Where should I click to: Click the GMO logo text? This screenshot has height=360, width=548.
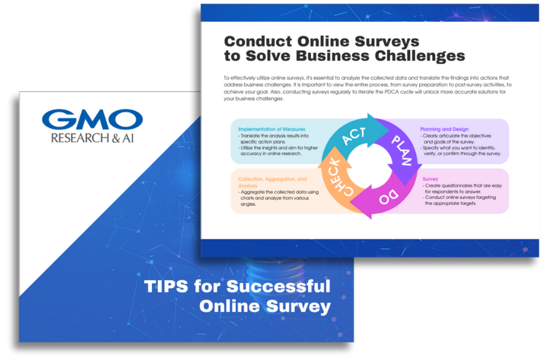click(92, 119)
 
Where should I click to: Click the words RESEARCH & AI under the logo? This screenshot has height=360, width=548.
click(92, 138)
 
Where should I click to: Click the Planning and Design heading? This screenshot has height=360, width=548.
click(444, 129)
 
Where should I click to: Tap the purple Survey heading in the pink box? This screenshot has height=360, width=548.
click(430, 179)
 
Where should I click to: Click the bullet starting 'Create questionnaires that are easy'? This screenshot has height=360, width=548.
click(463, 189)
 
